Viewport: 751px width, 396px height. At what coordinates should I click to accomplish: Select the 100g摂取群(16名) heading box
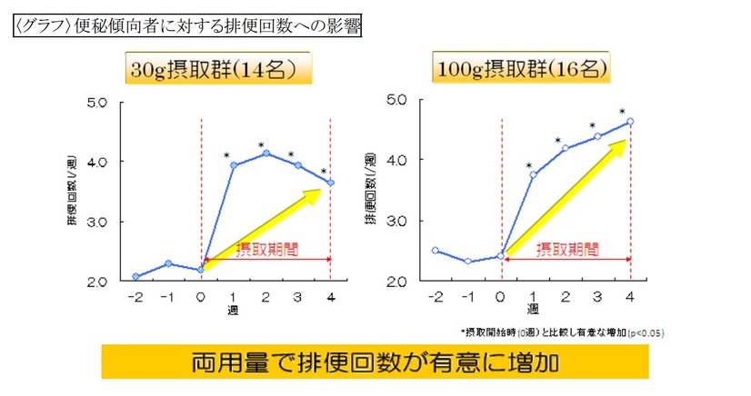pyautogui.click(x=520, y=68)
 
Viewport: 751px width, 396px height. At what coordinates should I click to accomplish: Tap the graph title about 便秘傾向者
pyautogui.click(x=188, y=26)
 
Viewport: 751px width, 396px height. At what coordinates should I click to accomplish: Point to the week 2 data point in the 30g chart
pyautogui.click(x=266, y=153)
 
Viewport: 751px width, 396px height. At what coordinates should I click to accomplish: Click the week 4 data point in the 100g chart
pyautogui.click(x=629, y=121)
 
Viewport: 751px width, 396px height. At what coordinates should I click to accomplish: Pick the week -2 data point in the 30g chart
pyautogui.click(x=135, y=276)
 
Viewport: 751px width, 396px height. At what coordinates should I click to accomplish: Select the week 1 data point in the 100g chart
pyautogui.click(x=533, y=174)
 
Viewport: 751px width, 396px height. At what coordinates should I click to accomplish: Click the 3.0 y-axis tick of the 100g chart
pyautogui.click(x=398, y=221)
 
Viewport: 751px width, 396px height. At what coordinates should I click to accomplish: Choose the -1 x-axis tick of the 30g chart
pyautogui.click(x=167, y=297)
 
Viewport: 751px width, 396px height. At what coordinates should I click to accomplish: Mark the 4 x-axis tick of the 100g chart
pyautogui.click(x=629, y=297)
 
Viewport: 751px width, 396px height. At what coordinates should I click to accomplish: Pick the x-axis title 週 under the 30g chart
pyautogui.click(x=233, y=310)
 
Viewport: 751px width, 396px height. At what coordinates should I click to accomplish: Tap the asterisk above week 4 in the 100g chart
pyautogui.click(x=623, y=113)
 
